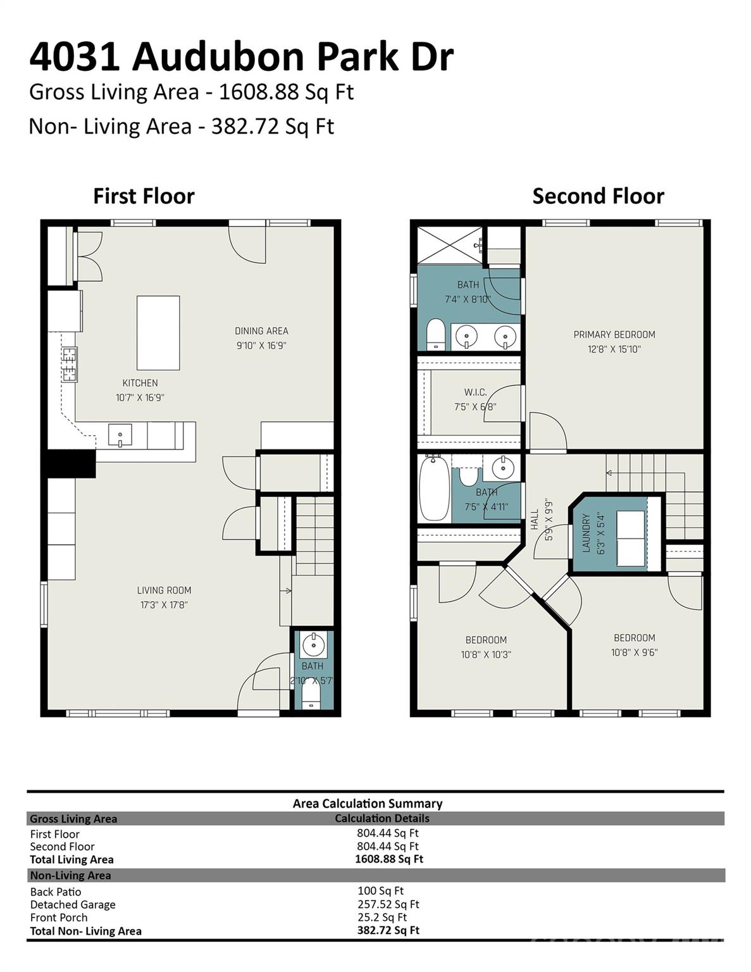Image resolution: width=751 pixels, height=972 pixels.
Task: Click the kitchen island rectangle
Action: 158,333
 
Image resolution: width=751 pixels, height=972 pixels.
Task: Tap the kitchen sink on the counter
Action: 120,435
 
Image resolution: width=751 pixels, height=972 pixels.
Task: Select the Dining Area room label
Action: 261,331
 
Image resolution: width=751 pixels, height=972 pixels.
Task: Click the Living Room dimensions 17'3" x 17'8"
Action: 164,605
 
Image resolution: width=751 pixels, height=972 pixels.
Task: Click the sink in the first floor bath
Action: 313,645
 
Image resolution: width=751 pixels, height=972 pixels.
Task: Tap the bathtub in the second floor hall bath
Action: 434,489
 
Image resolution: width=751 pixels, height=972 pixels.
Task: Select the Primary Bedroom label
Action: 614,335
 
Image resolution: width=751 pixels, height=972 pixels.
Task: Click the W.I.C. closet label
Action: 475,392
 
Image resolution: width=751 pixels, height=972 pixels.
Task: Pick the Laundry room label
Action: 586,533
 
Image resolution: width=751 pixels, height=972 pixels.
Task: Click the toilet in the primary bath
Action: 435,334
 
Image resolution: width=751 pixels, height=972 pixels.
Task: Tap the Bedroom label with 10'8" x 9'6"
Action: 634,638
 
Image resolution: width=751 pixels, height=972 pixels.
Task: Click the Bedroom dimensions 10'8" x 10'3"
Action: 485,655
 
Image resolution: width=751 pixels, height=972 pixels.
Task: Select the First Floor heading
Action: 144,196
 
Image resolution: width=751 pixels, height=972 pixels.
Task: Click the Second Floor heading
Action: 598,196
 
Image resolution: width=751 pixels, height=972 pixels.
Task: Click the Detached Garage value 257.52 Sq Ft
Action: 388,904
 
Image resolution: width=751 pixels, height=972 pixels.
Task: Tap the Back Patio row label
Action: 56,892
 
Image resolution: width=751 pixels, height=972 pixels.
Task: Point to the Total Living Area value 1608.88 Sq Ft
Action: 388,859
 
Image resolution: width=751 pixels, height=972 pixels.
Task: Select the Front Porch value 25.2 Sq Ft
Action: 382,917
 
